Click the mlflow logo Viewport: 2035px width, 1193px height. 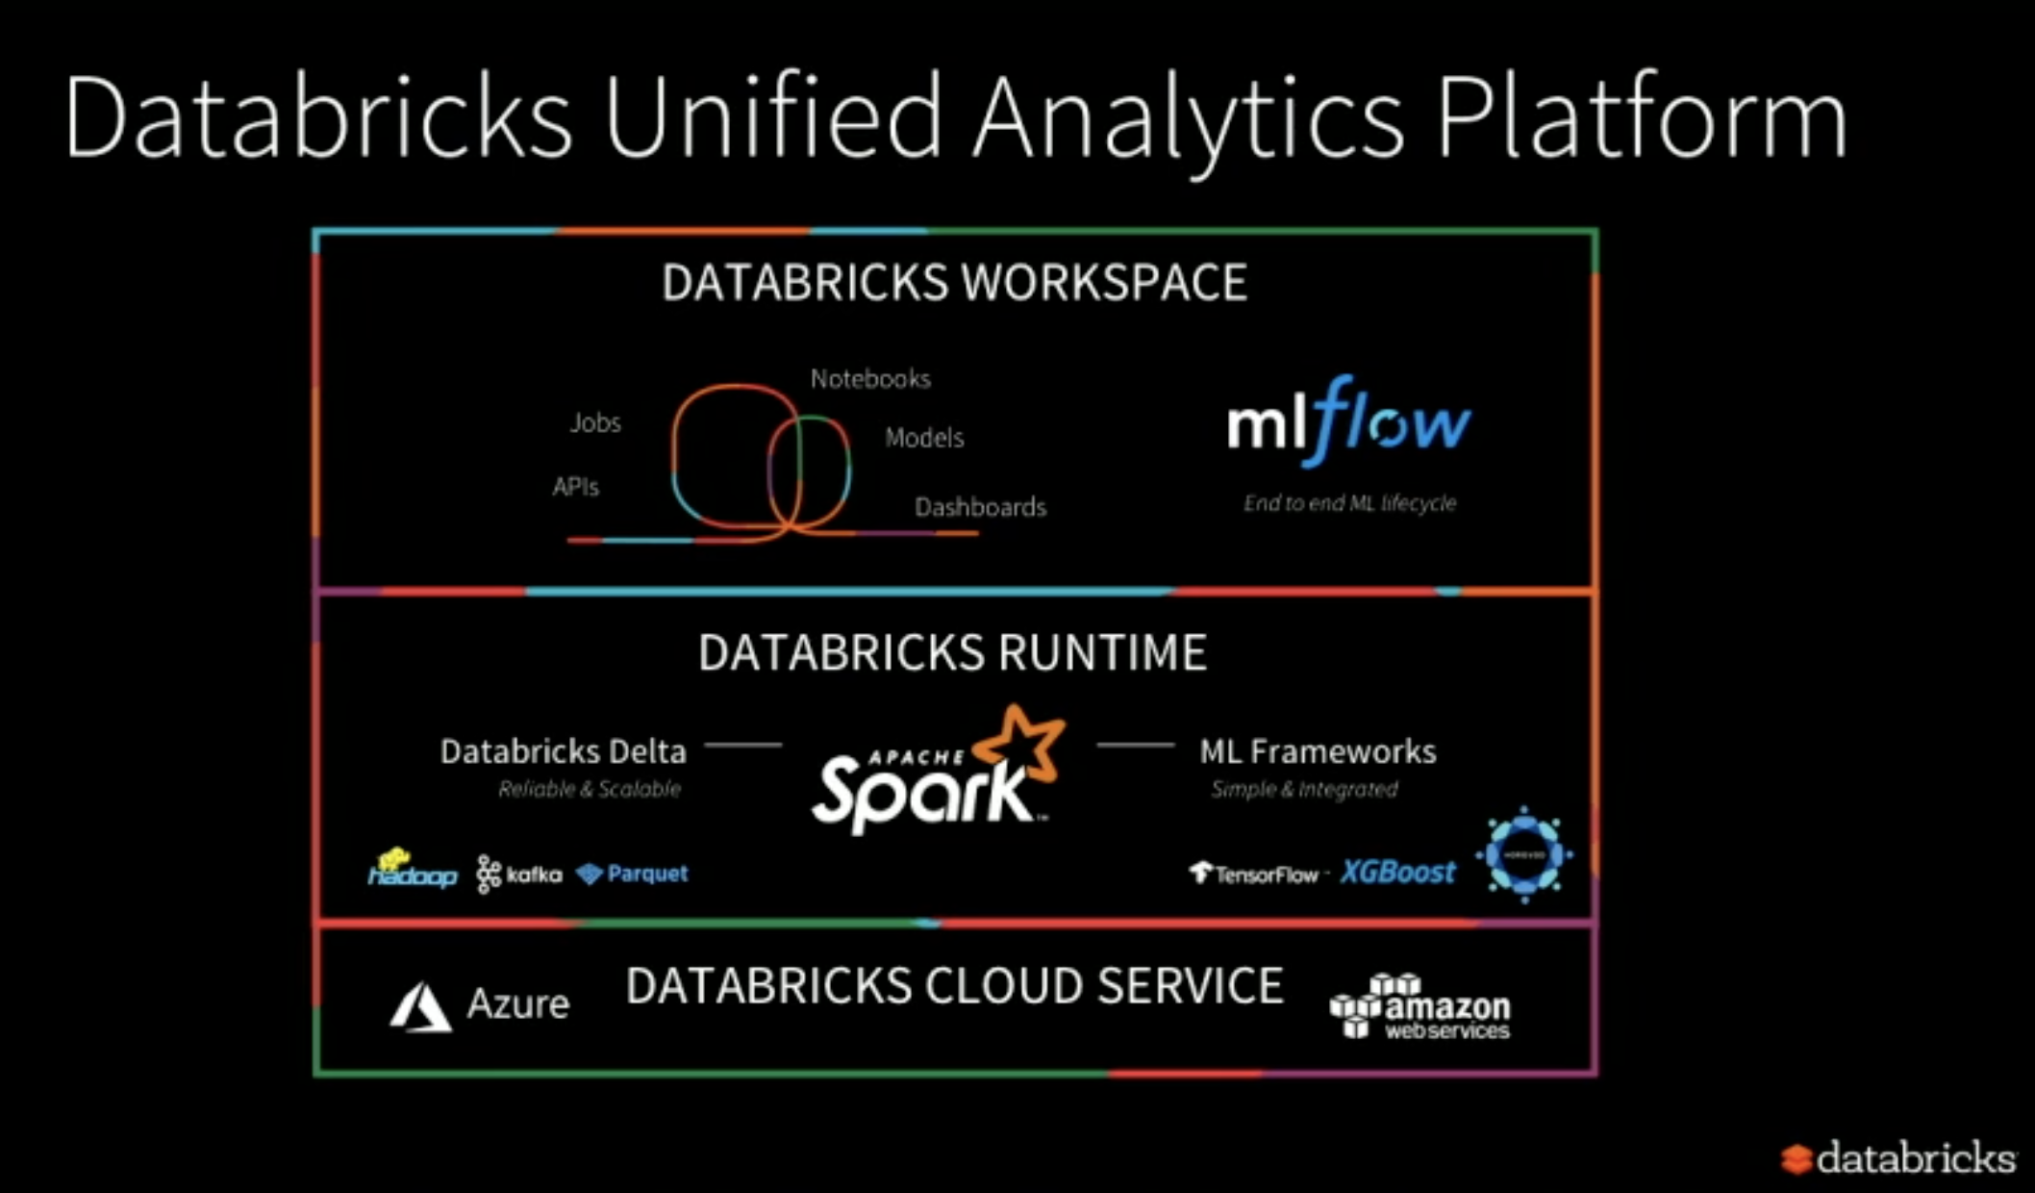(1348, 423)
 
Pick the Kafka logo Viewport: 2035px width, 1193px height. (519, 874)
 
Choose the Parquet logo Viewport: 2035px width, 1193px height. (633, 874)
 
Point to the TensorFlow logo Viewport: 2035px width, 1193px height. (1254, 874)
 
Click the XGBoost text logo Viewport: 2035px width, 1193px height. (1397, 872)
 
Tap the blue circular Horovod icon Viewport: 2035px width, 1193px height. (1524, 854)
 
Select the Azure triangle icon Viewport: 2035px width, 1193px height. (420, 1006)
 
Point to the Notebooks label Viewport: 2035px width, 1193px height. (870, 379)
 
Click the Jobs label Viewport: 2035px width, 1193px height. (595, 422)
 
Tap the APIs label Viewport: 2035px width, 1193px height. (575, 487)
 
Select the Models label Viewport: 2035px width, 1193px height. (924, 438)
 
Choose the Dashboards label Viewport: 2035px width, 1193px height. (980, 507)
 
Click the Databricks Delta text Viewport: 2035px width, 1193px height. (563, 751)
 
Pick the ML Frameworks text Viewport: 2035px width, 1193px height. (1318, 751)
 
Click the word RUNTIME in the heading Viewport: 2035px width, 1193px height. (1102, 652)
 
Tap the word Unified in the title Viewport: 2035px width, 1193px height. (772, 117)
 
